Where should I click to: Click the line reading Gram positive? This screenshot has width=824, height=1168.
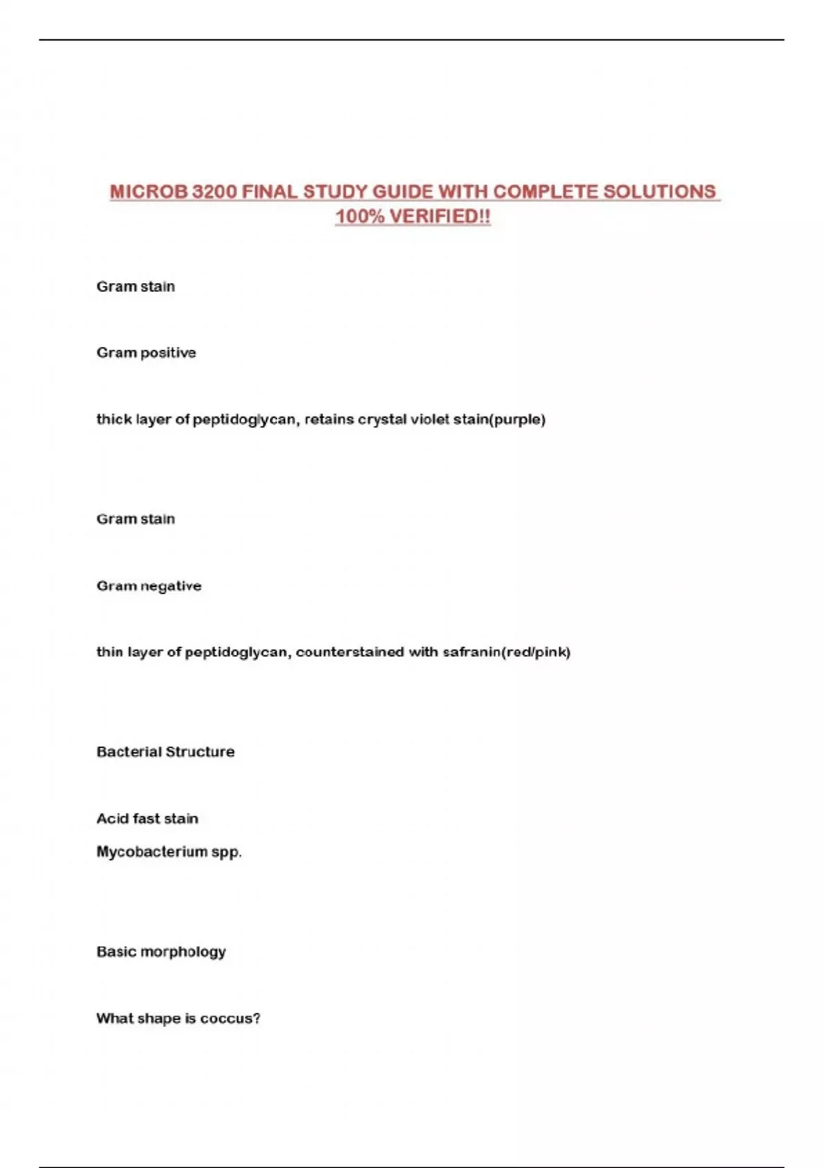(146, 353)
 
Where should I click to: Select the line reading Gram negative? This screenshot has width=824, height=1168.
(149, 586)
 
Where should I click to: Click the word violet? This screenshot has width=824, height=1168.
(429, 419)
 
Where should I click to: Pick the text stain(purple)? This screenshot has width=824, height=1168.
(499, 419)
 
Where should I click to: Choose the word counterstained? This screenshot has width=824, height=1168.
(350, 652)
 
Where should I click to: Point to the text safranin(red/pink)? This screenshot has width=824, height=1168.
(507, 652)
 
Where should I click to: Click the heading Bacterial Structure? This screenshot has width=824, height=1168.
(165, 752)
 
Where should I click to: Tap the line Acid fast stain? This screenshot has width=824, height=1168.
(147, 818)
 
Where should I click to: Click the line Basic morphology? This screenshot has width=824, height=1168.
(161, 952)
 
